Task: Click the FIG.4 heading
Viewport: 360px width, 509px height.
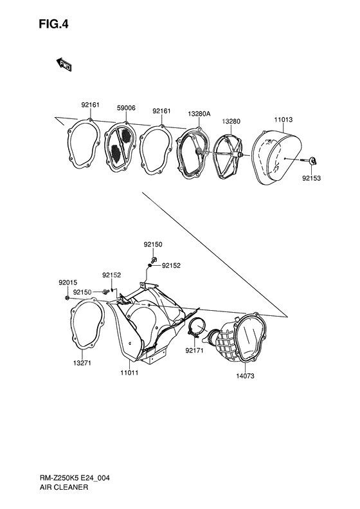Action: click(x=53, y=24)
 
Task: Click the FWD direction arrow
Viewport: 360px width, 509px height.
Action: click(x=64, y=64)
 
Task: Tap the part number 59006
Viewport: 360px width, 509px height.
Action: click(x=126, y=108)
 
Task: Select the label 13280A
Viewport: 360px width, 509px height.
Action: click(x=199, y=114)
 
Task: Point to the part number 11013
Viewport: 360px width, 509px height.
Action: click(x=283, y=120)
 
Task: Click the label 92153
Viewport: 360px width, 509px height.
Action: click(x=311, y=178)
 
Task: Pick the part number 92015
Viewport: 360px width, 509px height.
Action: click(x=67, y=282)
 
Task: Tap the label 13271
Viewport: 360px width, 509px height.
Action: click(x=82, y=363)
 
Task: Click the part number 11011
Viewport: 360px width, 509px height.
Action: click(x=129, y=373)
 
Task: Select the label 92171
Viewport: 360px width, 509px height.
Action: click(x=195, y=351)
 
